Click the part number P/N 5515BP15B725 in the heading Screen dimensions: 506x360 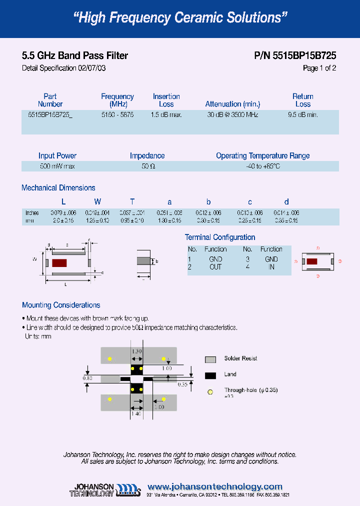pos(295,56)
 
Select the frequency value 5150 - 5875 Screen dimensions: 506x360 pos(117,114)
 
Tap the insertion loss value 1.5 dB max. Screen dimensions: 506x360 pos(166,114)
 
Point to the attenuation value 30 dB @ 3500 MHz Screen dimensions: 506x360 pos(232,114)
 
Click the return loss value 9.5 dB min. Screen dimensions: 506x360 pos(303,114)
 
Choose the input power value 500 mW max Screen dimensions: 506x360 pos(57,166)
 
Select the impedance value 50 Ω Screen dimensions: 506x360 pos(147,166)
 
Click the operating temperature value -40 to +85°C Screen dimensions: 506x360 pos(262,166)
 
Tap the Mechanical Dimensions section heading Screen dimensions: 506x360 pos(58,188)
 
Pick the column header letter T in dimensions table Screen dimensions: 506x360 pos(132,202)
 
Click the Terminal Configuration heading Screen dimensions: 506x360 pos(220,237)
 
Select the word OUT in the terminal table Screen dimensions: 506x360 pos(215,267)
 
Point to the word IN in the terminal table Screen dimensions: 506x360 pos(271,267)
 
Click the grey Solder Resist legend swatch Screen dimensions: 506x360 pos(210,359)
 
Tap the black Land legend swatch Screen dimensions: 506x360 pos(210,375)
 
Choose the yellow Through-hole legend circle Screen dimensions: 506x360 pos(210,391)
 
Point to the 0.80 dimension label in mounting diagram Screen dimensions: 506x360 pos(87,378)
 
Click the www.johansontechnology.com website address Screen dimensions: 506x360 pos(215,486)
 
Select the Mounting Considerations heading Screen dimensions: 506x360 pos(61,305)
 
